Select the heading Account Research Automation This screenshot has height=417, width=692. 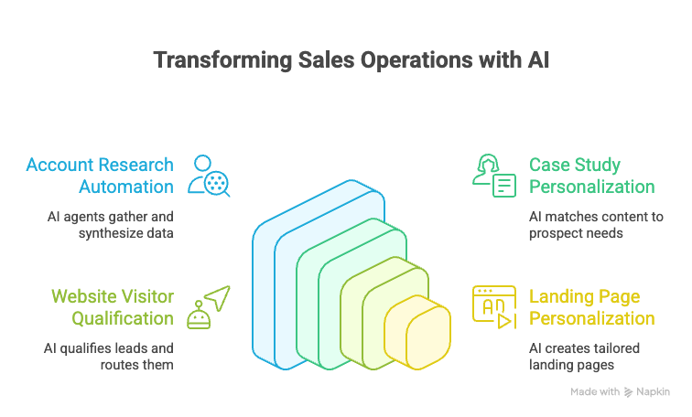pos(100,176)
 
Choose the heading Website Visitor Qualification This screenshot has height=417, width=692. pos(112,307)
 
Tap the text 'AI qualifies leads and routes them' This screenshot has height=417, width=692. pos(109,357)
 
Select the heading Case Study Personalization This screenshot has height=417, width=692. pos(591,176)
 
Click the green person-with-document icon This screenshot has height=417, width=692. pos(493,176)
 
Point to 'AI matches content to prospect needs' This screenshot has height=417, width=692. pos(595,226)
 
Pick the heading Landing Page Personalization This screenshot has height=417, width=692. pos(591,307)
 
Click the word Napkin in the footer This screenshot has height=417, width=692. pos(654,391)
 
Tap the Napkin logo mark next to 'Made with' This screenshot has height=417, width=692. pos(628,391)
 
